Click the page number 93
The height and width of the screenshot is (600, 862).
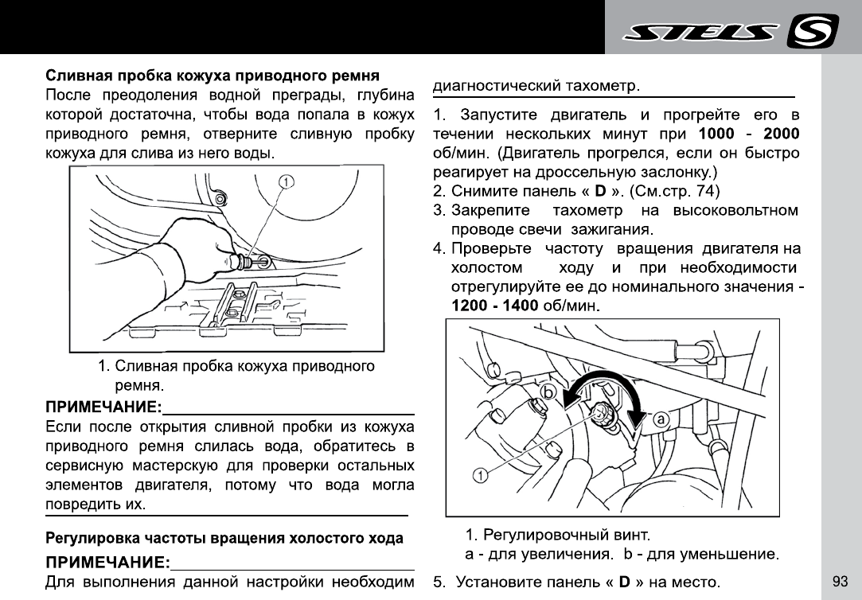pos(840,581)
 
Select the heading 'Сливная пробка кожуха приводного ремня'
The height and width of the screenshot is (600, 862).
pos(212,76)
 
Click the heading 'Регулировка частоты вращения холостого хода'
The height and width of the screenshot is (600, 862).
pos(224,539)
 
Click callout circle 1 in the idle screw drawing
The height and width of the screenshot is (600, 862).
pos(480,476)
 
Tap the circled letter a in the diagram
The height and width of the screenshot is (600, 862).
pos(661,418)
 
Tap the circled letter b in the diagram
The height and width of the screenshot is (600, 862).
pos(548,392)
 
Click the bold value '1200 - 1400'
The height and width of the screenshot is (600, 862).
pos(495,305)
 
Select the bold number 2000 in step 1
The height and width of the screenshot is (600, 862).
pos(781,134)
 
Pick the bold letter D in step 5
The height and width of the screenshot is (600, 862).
pos(625,581)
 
